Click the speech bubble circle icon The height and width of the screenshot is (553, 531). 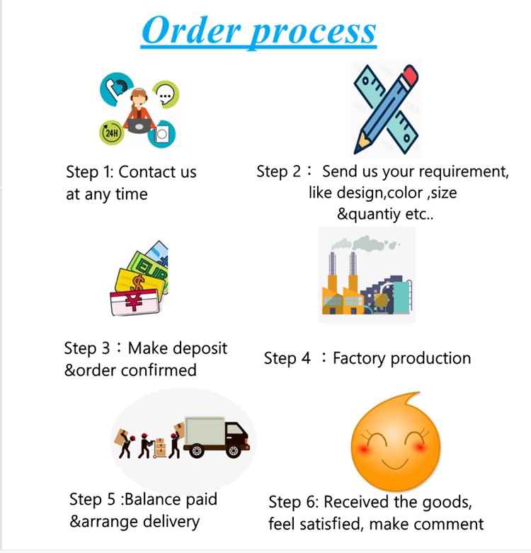tap(166, 93)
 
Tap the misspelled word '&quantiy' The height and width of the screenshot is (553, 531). tap(367, 215)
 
